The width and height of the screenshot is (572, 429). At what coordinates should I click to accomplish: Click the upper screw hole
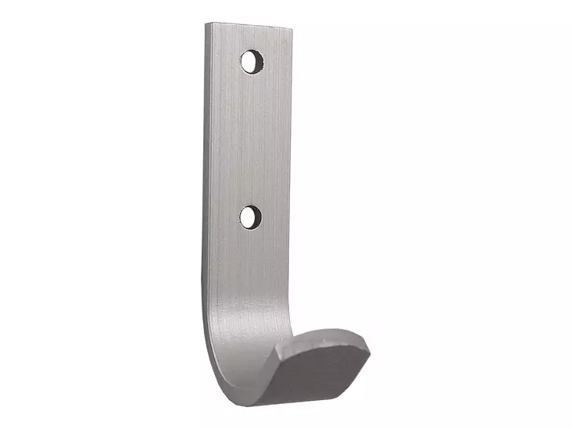[252, 61]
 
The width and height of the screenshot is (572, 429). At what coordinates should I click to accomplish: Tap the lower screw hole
[248, 216]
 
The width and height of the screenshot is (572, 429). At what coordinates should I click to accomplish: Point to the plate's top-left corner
[207, 23]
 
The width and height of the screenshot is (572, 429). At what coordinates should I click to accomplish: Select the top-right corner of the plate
[292, 30]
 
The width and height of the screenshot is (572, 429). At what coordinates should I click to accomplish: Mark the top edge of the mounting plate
[250, 27]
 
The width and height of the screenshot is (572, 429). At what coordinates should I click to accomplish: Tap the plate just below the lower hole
[248, 250]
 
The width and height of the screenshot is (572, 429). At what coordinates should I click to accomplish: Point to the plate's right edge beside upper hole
[290, 63]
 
